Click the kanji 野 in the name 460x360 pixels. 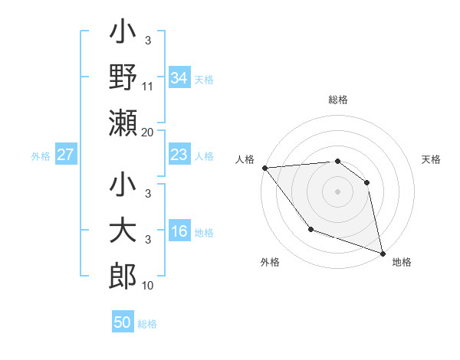pyautogui.click(x=123, y=78)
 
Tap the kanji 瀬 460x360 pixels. pyautogui.click(x=123, y=123)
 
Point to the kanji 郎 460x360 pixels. pyautogui.click(x=123, y=277)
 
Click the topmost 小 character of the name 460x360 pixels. pyautogui.click(x=123, y=34)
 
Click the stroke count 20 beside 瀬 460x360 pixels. pyautogui.click(x=148, y=132)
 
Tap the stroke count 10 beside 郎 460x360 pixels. pyautogui.click(x=148, y=286)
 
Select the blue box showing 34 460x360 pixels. pyautogui.click(x=179, y=78)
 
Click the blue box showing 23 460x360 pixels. pyautogui.click(x=179, y=155)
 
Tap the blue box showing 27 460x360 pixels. pyautogui.click(x=65, y=155)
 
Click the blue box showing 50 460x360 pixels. pyautogui.click(x=123, y=322)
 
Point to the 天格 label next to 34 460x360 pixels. pyautogui.click(x=204, y=79)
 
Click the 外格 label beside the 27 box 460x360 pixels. pyautogui.click(x=41, y=156)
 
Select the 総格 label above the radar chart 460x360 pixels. pyautogui.click(x=337, y=100)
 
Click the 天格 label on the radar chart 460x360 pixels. pyautogui.click(x=432, y=159)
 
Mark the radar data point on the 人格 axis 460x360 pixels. pyautogui.click(x=264, y=168)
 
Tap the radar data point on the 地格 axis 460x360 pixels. pyautogui.click(x=383, y=253)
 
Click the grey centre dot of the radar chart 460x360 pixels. pyautogui.click(x=337, y=191)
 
